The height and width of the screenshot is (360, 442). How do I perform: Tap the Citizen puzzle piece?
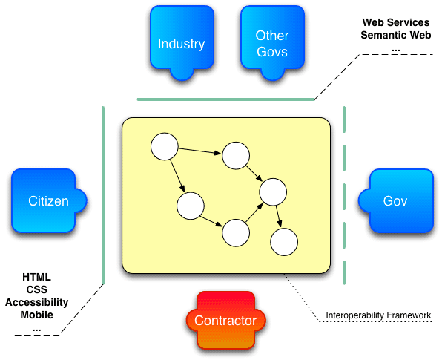pyautogui.click(x=48, y=201)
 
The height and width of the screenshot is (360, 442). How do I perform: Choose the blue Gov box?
pyautogui.click(x=395, y=201)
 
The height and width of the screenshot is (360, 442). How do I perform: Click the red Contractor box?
pyautogui.click(x=225, y=321)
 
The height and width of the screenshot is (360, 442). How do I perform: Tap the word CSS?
pyautogui.click(x=37, y=289)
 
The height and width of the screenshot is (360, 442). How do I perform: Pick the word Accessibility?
pyautogui.click(x=37, y=302)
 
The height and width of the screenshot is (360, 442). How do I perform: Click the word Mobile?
pyautogui.click(x=37, y=314)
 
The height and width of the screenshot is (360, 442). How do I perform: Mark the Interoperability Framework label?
pyautogui.click(x=378, y=316)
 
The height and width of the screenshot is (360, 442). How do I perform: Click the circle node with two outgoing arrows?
pyautogui.click(x=164, y=145)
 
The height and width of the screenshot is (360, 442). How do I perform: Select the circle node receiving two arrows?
pyautogui.click(x=272, y=192)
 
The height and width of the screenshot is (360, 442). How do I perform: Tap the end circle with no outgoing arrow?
pyautogui.click(x=284, y=242)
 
